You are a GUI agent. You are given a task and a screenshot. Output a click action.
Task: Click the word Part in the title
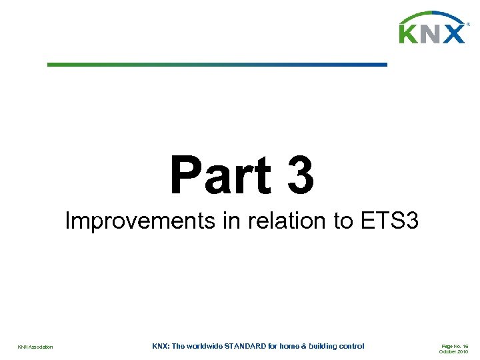point(220,175)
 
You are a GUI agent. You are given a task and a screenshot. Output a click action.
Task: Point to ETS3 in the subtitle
point(389,220)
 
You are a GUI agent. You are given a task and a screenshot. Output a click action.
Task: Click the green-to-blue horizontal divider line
point(217,65)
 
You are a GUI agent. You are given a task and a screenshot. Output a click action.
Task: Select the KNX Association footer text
point(35,347)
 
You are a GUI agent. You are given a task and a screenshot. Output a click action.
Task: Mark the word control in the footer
point(353,346)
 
